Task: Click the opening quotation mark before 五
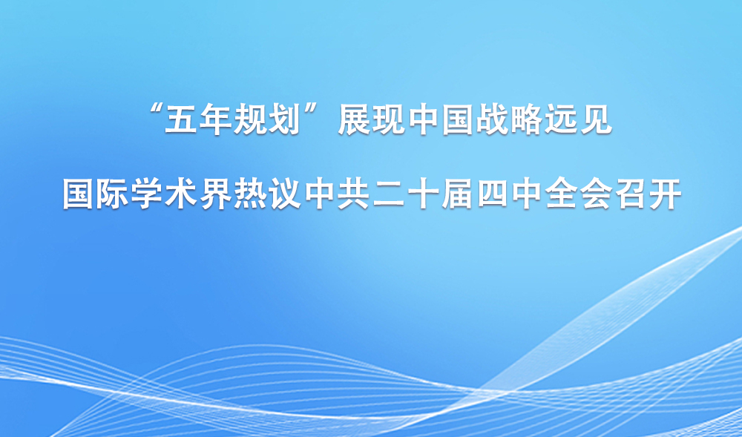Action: pos(156,113)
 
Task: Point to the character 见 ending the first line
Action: pos(597,122)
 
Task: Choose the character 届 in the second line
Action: pos(459,195)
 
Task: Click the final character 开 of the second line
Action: pos(667,195)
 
